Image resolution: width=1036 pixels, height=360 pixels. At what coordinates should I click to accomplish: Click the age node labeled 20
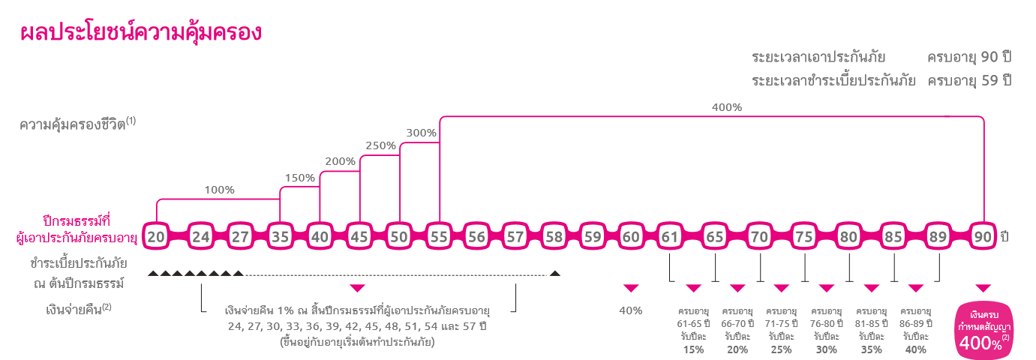(x=156, y=236)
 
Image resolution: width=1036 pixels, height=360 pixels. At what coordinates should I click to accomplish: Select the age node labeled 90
(x=983, y=236)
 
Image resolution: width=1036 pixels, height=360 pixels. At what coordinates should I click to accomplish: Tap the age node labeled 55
(x=439, y=236)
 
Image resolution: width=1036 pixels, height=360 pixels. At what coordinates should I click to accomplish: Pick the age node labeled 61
(x=669, y=236)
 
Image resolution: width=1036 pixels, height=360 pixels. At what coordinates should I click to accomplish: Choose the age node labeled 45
(x=359, y=236)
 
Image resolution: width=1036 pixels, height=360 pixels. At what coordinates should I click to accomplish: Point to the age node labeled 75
(x=804, y=236)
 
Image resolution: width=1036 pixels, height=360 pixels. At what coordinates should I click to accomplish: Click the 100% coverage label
(x=219, y=190)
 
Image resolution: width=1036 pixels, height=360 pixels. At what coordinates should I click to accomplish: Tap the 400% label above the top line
(x=726, y=107)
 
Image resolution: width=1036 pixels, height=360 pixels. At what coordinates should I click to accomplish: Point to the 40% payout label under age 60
(x=630, y=310)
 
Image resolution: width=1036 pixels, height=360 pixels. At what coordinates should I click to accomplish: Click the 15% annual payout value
(x=693, y=349)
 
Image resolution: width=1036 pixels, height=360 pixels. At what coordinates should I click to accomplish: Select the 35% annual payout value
(x=871, y=349)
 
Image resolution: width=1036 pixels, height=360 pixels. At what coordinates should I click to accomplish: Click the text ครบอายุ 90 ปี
(x=969, y=58)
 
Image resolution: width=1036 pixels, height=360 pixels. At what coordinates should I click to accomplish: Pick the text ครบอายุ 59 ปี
(x=969, y=81)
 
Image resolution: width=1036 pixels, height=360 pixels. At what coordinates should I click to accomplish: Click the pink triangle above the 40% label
(x=631, y=288)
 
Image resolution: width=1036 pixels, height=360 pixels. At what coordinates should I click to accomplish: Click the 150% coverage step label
(x=299, y=178)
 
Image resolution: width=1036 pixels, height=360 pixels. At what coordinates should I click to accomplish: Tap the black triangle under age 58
(x=555, y=273)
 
